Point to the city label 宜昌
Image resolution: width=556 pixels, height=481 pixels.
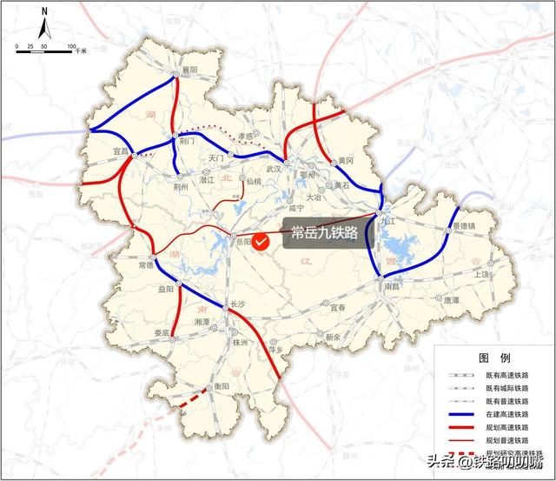coord(120,150)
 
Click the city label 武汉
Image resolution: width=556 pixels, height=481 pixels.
coord(274,168)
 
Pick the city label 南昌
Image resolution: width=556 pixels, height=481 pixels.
coord(391,285)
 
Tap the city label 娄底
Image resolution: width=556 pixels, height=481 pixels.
coord(162,332)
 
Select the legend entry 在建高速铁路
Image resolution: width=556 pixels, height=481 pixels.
coord(509,415)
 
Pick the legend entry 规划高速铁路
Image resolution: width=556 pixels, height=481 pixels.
coord(509,428)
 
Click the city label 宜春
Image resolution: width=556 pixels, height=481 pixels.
coord(339,307)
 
